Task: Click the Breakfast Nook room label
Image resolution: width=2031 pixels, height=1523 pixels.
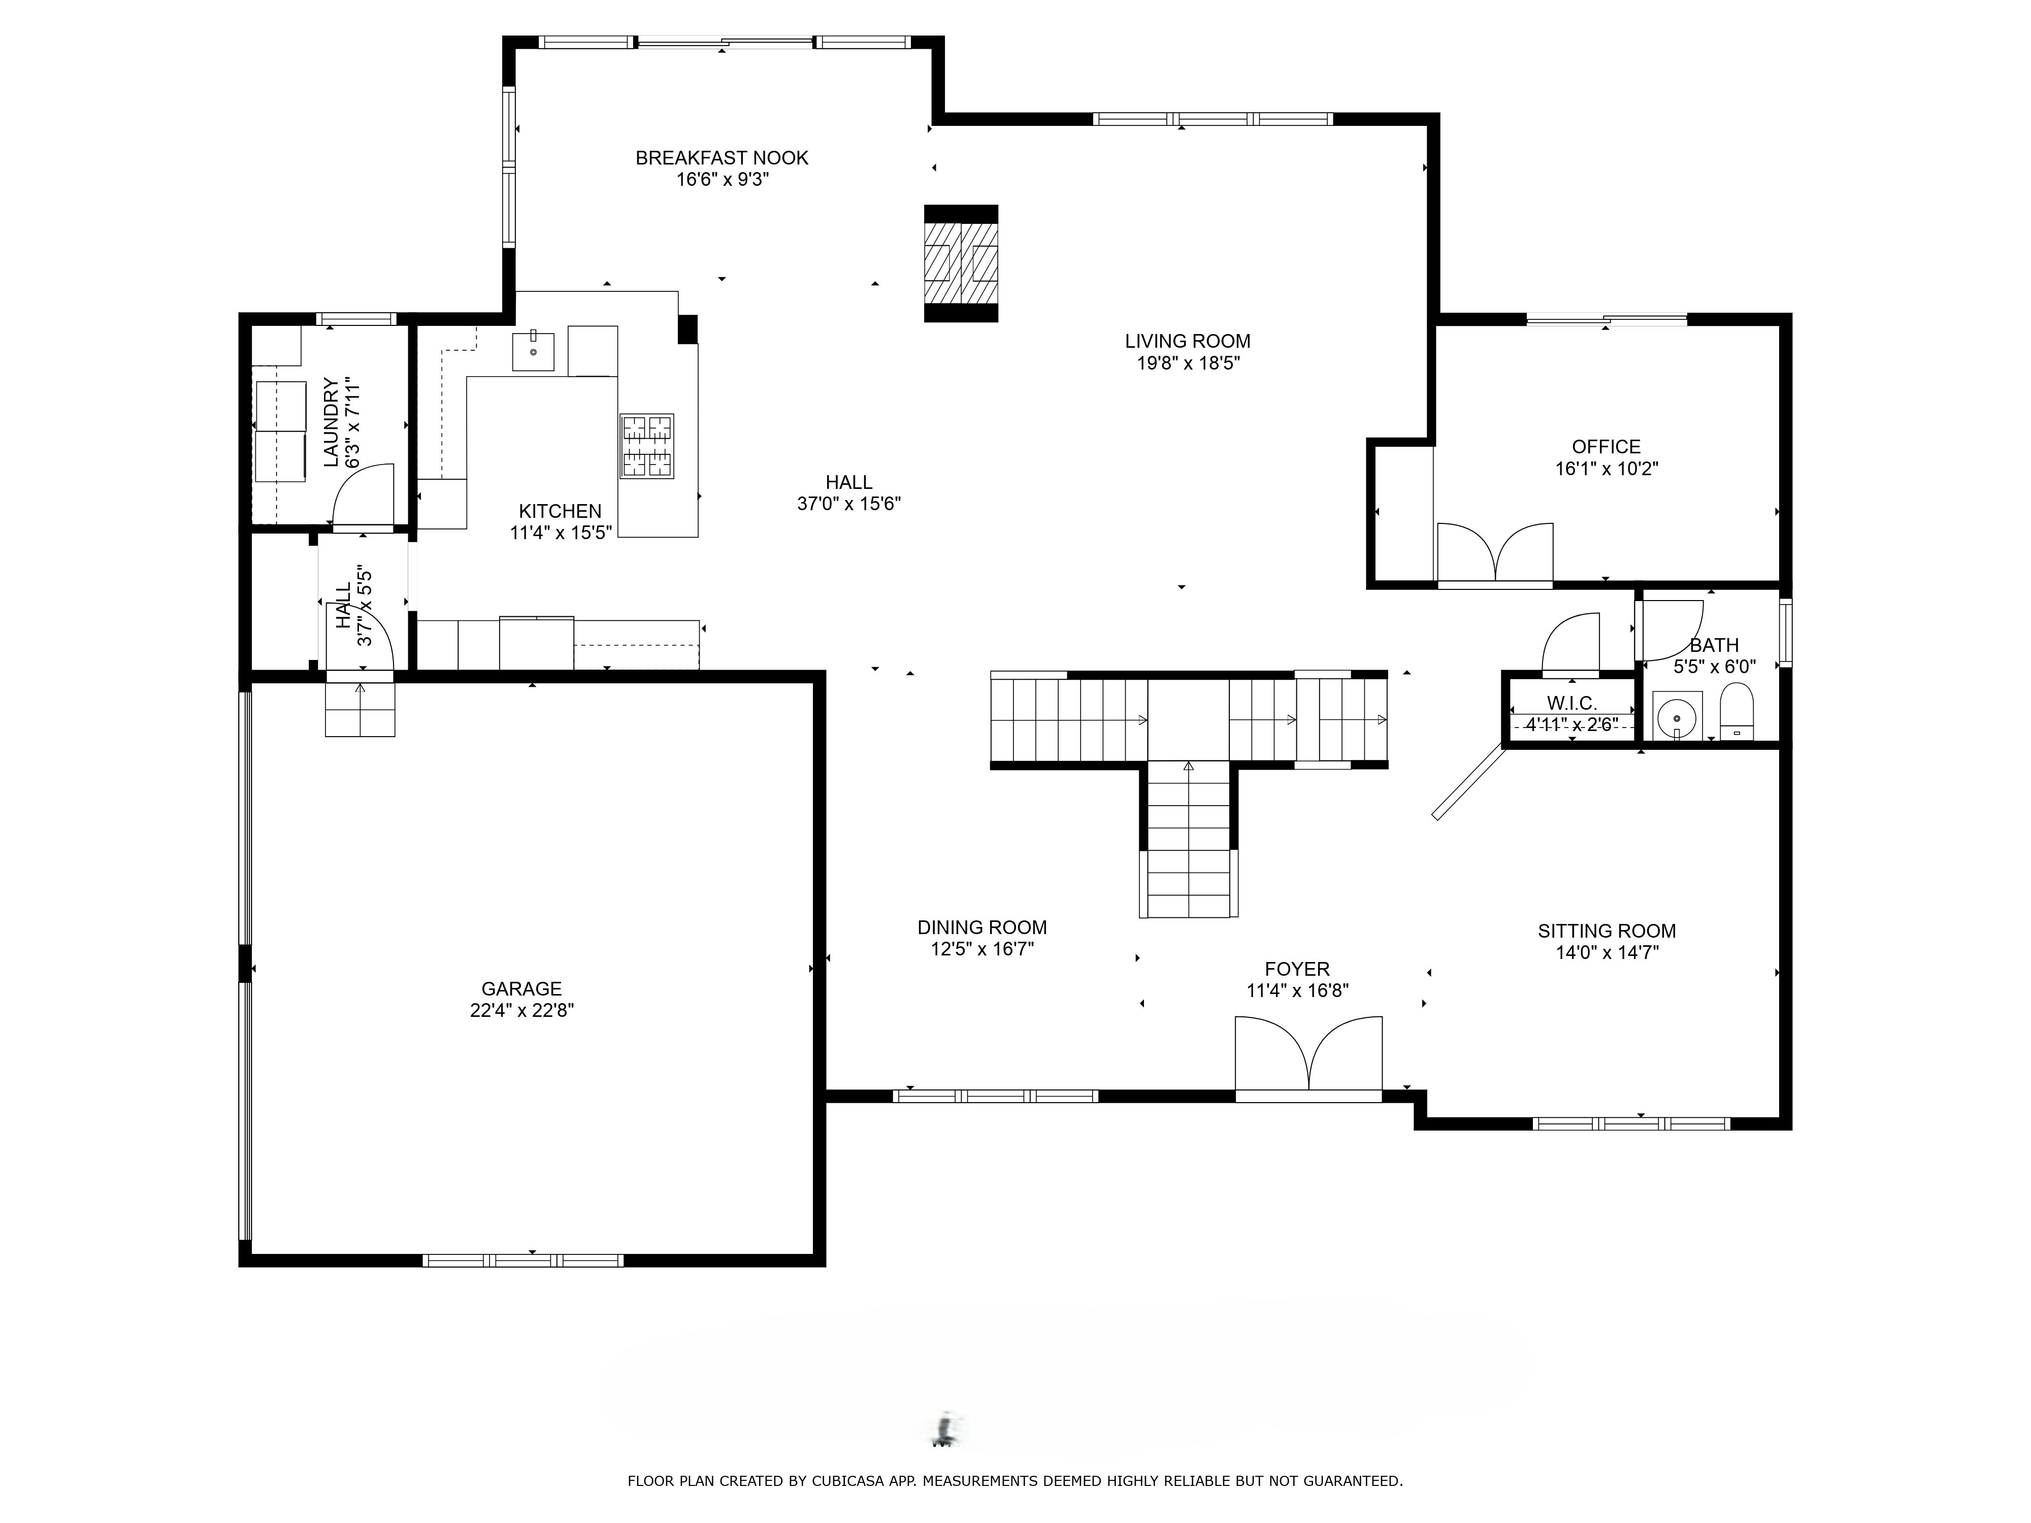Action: tap(722, 158)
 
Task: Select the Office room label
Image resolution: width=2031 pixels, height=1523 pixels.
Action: tap(1606, 447)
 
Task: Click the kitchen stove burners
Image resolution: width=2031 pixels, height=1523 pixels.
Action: tap(647, 446)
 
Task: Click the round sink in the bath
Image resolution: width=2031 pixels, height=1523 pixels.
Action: tap(1677, 716)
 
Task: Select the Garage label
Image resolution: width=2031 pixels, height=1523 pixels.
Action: tap(521, 989)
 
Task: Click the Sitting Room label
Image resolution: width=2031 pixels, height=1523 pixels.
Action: tap(1607, 931)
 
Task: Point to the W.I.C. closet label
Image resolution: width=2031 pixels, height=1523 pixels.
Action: tap(1572, 703)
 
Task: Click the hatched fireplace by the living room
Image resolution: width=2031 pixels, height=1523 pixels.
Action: tap(961, 263)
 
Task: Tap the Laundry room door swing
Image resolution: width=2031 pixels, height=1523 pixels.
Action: tap(363, 495)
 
